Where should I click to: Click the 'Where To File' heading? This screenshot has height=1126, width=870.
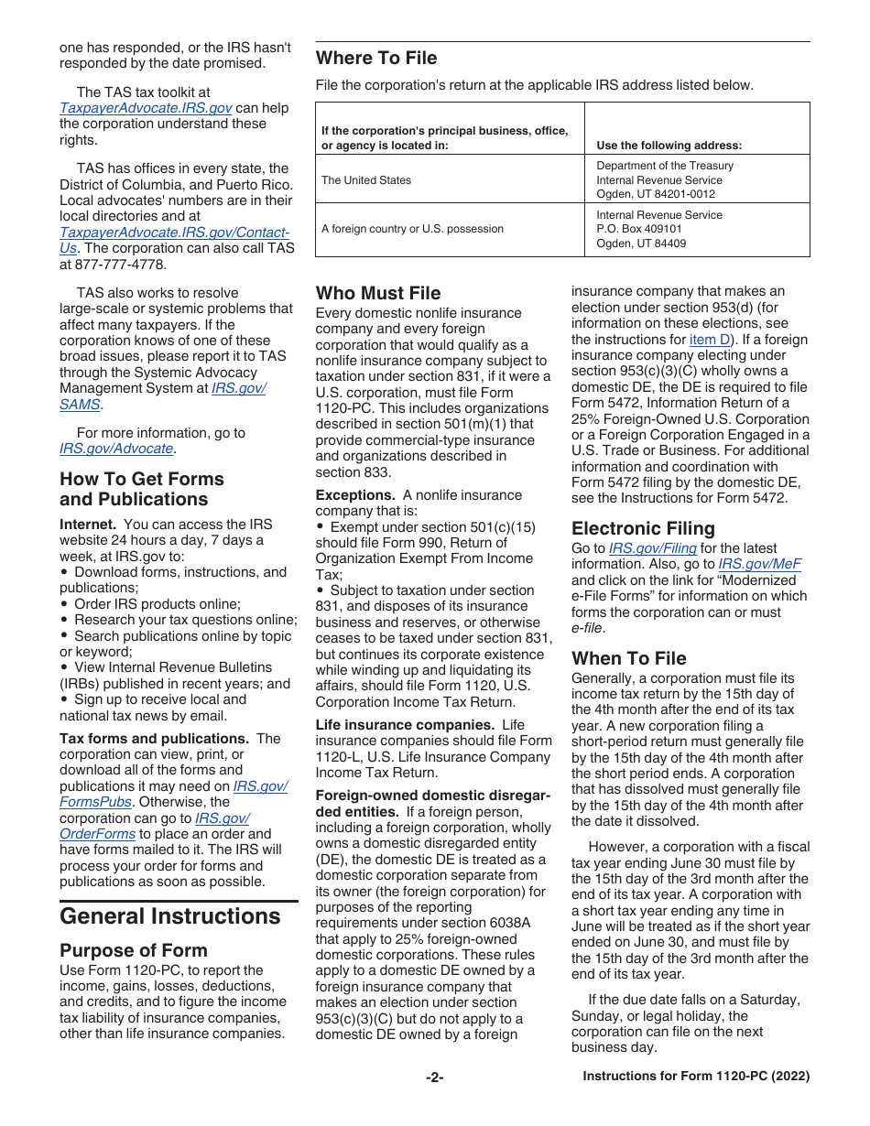point(376,59)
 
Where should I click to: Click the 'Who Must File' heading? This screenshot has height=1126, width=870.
point(378,294)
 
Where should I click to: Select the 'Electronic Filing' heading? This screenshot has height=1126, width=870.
point(643,528)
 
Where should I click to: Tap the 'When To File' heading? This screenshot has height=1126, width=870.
point(628,658)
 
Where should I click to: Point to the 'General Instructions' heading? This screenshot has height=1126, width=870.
point(170,916)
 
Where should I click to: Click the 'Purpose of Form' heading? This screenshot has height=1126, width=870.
point(134,950)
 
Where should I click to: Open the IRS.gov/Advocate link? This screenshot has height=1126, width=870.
point(116,449)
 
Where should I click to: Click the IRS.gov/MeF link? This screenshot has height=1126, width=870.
point(759,565)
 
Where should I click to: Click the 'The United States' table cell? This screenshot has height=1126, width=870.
point(366,180)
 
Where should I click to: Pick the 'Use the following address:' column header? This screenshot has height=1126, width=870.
point(669,146)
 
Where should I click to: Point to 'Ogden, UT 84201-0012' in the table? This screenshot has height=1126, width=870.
point(656,194)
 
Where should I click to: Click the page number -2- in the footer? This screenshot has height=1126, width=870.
point(434,1077)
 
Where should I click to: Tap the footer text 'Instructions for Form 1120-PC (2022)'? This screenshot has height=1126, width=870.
point(696,1077)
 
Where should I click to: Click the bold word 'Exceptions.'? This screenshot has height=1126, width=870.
point(355,495)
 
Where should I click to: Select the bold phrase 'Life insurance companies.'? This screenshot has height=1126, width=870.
point(405,725)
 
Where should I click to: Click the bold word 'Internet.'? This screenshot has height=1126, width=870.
point(88,525)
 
